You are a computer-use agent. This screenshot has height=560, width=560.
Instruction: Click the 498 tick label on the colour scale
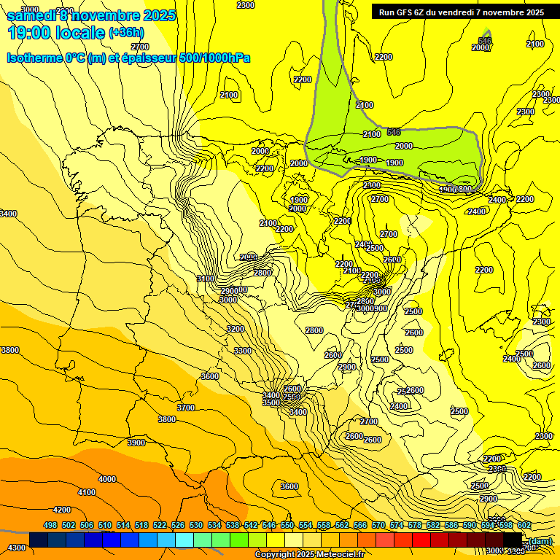tap(50, 525)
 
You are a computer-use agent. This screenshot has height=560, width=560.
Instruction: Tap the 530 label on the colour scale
tap(196, 525)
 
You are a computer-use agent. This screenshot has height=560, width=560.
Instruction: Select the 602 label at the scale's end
tap(524, 525)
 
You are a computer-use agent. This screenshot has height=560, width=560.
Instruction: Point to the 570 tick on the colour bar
tap(378, 525)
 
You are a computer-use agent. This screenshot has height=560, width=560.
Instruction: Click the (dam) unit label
tap(540, 540)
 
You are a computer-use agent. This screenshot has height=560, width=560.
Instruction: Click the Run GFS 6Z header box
tap(461, 12)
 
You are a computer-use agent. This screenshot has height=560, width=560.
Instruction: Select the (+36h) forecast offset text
tap(126, 33)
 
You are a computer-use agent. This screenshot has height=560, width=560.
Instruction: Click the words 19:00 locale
tap(56, 33)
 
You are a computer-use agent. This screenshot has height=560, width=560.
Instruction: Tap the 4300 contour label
tap(16, 547)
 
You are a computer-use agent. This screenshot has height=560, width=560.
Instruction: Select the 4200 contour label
tap(62, 510)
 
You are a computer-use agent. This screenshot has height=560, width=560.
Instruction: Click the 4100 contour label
tap(87, 492)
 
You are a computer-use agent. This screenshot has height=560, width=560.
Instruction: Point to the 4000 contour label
tap(107, 479)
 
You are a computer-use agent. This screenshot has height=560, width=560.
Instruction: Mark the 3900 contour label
tap(136, 443)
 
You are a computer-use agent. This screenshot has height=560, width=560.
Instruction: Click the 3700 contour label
tap(186, 408)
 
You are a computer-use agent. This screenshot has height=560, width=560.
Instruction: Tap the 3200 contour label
tap(236, 329)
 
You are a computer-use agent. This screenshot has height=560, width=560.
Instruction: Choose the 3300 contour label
tap(243, 351)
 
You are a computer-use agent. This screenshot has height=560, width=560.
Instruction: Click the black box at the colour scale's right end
tap(513, 540)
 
